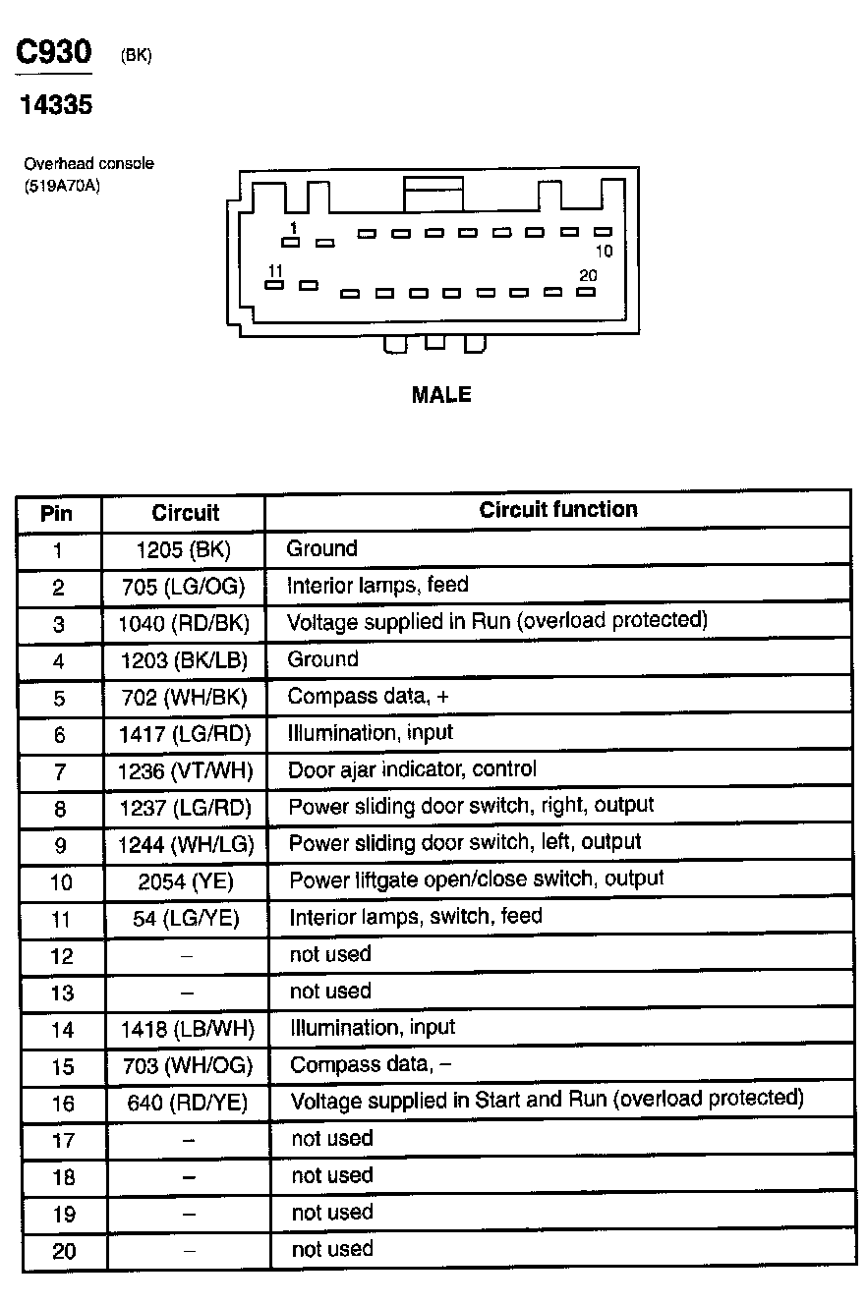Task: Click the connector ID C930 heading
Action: point(53,55)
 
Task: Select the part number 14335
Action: point(56,104)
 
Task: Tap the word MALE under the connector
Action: point(441,394)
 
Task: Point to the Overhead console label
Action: point(88,164)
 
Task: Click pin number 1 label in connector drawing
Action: point(292,227)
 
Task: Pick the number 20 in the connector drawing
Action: point(588,275)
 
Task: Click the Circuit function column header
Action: point(557,509)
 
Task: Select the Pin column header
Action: point(57,513)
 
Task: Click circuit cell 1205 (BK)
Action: point(184,548)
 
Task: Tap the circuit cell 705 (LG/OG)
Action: point(184,587)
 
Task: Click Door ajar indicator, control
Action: point(412,769)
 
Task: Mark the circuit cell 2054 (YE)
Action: point(185,880)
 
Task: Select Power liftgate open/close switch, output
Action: point(476,879)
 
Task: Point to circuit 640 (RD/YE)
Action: point(187,1103)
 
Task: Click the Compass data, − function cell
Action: point(371,1064)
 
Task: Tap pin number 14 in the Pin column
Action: point(61,1030)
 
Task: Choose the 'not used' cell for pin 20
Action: point(332,1249)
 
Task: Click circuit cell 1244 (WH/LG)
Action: point(185,844)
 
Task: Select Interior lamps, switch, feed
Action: point(415,917)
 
